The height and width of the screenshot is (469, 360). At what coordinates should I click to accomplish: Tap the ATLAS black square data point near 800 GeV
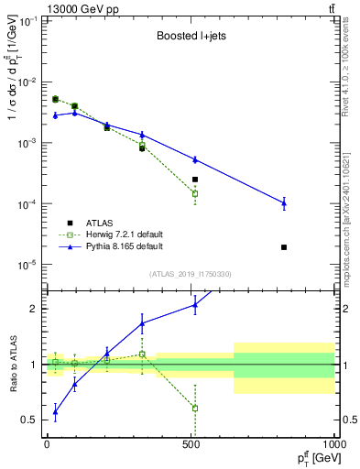click(284, 247)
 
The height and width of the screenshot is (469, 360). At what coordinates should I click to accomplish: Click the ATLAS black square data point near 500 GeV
click(195, 180)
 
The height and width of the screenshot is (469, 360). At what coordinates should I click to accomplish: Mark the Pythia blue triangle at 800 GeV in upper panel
click(284, 203)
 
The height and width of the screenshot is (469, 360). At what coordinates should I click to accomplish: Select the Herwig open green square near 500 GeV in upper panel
click(195, 193)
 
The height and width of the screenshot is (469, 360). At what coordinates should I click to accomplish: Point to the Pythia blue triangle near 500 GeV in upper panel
click(195, 159)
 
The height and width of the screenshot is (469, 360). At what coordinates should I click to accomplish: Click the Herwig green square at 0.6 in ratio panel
click(195, 409)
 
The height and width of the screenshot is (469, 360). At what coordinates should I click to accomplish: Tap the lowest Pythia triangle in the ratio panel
click(55, 412)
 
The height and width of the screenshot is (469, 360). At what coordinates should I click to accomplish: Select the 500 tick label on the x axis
click(191, 443)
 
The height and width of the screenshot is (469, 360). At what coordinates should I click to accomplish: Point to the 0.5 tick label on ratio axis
click(32, 420)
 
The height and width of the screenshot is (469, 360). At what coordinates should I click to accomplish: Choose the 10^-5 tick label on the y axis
click(27, 265)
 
